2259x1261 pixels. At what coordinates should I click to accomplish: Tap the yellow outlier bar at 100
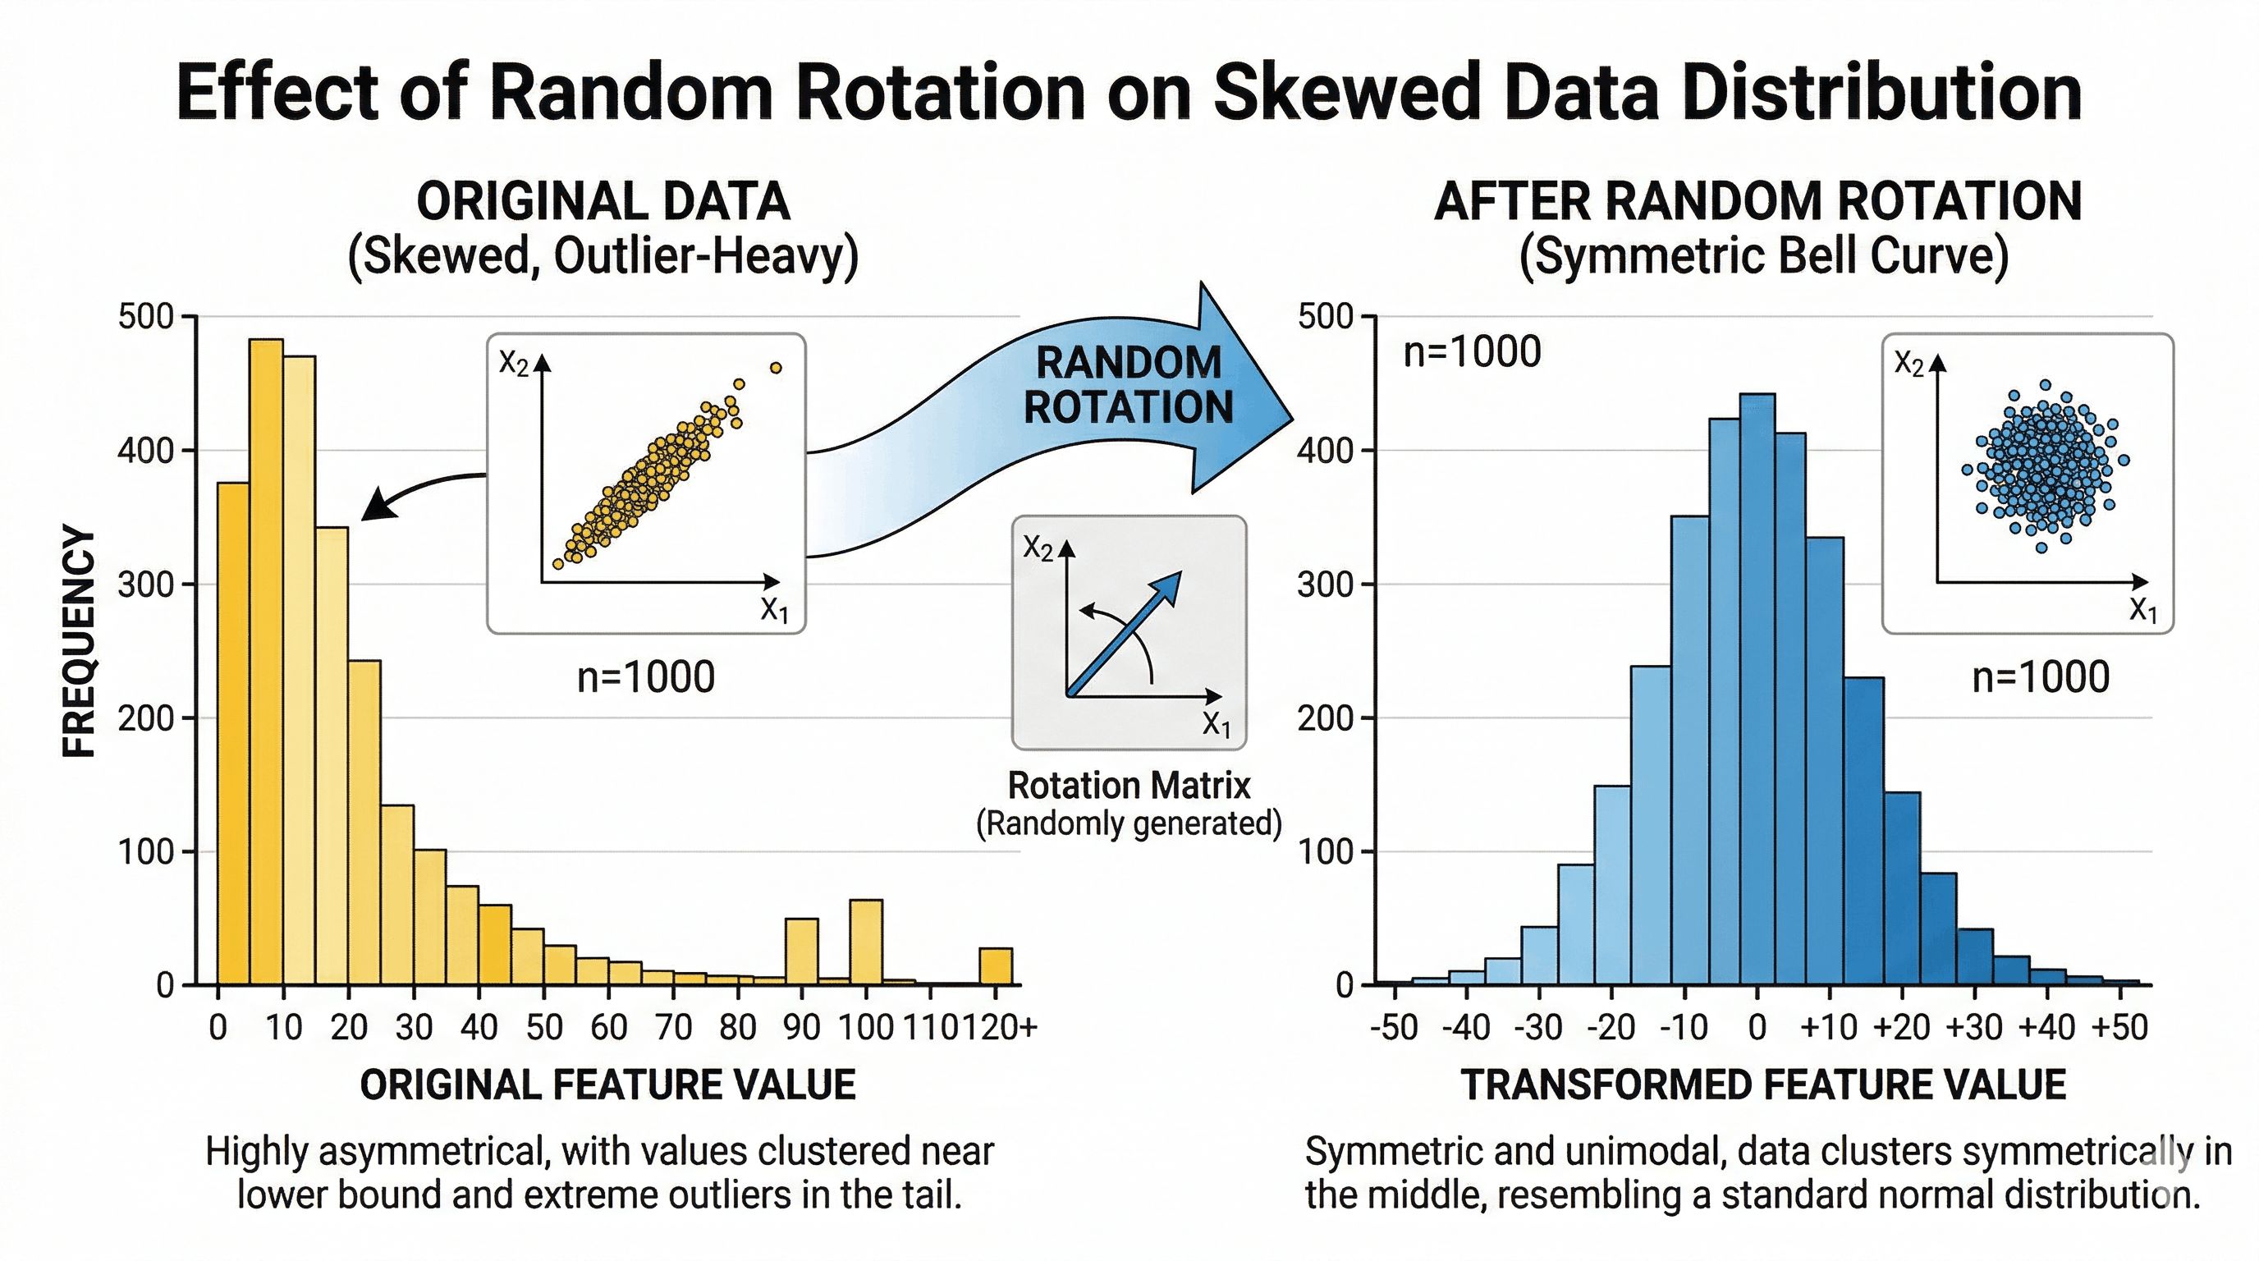[x=867, y=942]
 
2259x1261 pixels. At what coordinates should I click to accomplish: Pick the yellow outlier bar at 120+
[x=996, y=966]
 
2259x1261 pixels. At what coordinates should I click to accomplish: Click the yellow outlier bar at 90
[x=801, y=951]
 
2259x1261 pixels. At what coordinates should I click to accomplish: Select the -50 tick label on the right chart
[x=1394, y=1027]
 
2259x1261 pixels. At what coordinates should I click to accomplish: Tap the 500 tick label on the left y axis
[x=145, y=317]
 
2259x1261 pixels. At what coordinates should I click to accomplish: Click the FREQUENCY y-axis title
[x=80, y=642]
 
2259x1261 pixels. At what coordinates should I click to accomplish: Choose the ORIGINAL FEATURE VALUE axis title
[x=607, y=1085]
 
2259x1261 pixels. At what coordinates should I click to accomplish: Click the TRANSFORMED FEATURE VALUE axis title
[x=1763, y=1085]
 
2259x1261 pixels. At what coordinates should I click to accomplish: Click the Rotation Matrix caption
[x=1129, y=786]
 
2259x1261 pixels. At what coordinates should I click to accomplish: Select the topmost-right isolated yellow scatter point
[x=775, y=369]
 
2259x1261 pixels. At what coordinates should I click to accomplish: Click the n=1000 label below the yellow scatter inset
[x=646, y=678]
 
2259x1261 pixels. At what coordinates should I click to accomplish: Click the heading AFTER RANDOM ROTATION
[x=1757, y=202]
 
